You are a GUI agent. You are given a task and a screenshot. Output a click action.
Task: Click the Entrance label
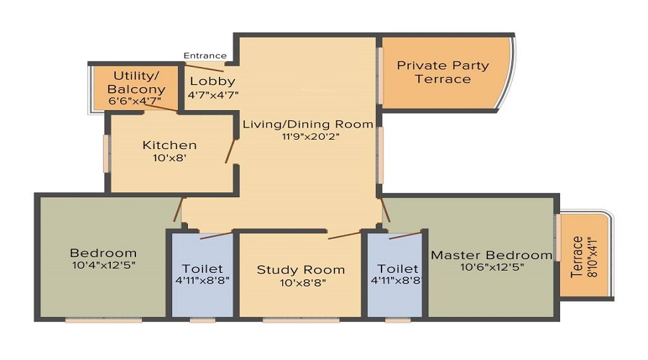point(205,55)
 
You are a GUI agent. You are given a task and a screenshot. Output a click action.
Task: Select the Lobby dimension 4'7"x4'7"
point(213,94)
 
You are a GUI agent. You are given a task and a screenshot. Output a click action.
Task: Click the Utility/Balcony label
point(136,82)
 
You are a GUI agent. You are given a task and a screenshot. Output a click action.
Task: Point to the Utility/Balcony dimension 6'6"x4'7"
point(136,102)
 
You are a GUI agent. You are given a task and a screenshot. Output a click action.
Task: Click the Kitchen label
point(169,145)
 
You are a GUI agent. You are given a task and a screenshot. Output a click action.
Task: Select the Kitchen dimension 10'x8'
point(169,158)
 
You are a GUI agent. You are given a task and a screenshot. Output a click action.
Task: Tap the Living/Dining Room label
point(308,124)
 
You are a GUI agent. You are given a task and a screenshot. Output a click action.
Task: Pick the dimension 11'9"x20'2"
point(308,137)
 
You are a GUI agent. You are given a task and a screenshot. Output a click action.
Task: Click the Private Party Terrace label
point(443,72)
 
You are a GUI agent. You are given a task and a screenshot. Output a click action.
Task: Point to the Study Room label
point(301,270)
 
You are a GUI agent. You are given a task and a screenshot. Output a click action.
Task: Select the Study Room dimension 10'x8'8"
point(301,283)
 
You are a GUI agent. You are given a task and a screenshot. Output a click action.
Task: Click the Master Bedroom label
point(491,255)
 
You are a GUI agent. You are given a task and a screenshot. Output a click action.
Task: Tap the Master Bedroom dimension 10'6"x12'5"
point(491,267)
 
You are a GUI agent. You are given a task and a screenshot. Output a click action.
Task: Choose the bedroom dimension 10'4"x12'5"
point(103,266)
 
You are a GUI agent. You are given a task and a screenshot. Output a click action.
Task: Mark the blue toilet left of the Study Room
point(202,274)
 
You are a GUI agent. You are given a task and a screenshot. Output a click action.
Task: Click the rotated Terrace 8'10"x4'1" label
point(583,256)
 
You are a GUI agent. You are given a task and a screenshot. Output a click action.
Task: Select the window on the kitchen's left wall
point(107,153)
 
